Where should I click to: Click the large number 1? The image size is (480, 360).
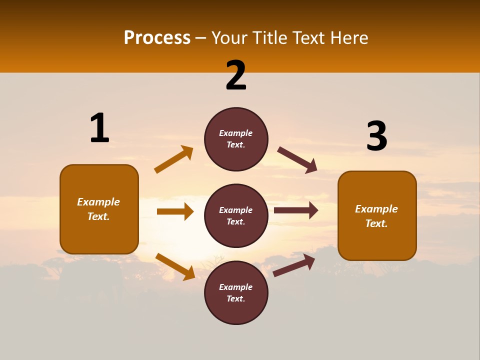(x=99, y=128)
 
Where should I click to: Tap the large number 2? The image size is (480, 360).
(x=236, y=75)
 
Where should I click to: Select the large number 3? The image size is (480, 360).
(x=376, y=136)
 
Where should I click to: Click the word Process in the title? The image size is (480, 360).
(x=157, y=37)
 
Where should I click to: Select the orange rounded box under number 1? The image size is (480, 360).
(x=99, y=209)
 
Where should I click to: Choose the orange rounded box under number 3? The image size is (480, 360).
(x=377, y=215)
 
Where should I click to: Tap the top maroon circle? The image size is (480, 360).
(x=236, y=139)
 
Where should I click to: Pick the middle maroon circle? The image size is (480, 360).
(x=236, y=215)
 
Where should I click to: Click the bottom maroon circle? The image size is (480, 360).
(x=236, y=292)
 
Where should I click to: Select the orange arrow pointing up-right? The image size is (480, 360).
(x=174, y=159)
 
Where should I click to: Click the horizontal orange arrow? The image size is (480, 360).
(x=175, y=211)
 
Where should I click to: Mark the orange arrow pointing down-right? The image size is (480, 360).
(x=175, y=266)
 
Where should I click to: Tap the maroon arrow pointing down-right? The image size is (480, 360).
(x=297, y=160)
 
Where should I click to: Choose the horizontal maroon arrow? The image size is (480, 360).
(x=296, y=210)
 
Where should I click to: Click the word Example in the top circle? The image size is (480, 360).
(x=236, y=133)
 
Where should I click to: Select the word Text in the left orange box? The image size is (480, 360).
(x=98, y=216)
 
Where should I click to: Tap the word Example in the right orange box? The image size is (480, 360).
(x=376, y=209)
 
